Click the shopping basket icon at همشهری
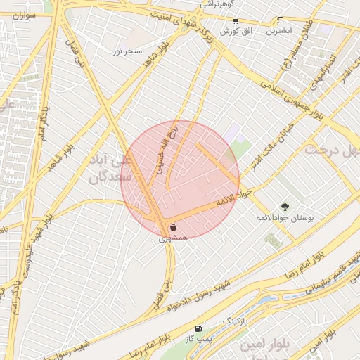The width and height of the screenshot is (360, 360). pyautogui.click(x=173, y=227)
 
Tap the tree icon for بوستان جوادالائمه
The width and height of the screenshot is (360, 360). pyautogui.click(x=285, y=207)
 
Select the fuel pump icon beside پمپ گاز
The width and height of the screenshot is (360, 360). pyautogui.click(x=198, y=328)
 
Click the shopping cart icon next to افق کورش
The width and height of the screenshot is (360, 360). pyautogui.click(x=235, y=21)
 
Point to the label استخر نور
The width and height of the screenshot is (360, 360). pyautogui.click(x=129, y=51)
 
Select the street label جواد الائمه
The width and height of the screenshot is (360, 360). pyautogui.click(x=233, y=198)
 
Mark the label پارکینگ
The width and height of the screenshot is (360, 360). pyautogui.click(x=236, y=321)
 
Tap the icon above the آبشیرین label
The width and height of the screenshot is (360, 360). pyautogui.click(x=280, y=20)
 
